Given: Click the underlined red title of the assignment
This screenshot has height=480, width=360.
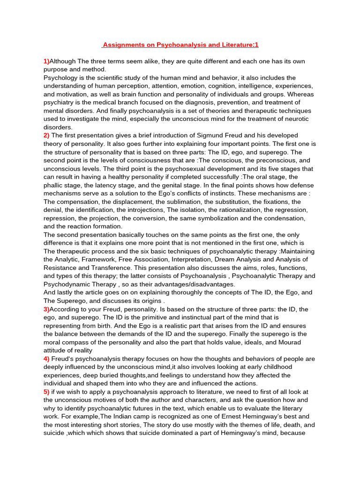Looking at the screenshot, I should pyautogui.click(x=180, y=45).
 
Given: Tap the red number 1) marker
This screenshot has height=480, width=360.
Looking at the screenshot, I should pyautogui.click(x=46, y=61).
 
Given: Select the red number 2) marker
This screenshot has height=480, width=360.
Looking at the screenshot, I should pyautogui.click(x=46, y=135).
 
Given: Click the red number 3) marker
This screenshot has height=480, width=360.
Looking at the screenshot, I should pyautogui.click(x=46, y=309).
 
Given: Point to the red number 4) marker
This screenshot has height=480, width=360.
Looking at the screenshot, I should pyautogui.click(x=46, y=359).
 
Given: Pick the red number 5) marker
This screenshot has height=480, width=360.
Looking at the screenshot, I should pyautogui.click(x=46, y=392).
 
